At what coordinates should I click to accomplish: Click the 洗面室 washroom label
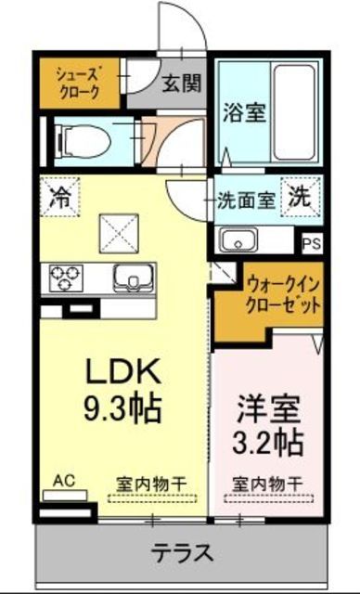click(245, 199)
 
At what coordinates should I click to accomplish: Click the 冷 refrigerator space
click(58, 196)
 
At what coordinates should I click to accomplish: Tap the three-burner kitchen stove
click(64, 276)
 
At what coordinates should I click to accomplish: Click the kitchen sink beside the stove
click(132, 277)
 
